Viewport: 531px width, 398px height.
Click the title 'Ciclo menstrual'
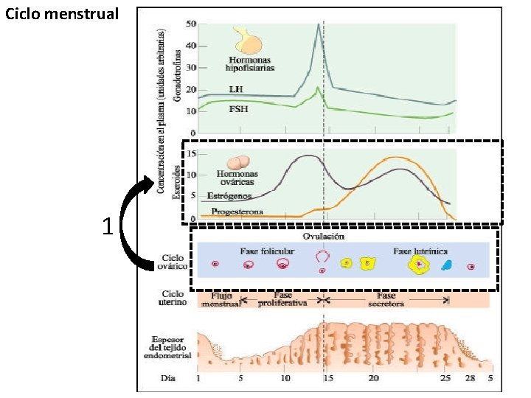[x=61, y=14]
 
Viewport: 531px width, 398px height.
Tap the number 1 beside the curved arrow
[x=108, y=226]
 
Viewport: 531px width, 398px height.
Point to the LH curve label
[x=237, y=89]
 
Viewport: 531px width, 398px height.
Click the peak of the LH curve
[x=318, y=25]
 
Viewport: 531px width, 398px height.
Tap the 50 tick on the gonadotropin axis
[x=190, y=24]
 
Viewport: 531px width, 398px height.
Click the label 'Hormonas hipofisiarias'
[x=250, y=63]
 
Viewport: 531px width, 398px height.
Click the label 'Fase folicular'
[x=267, y=251]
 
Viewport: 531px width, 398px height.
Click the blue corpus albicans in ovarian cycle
[x=446, y=265]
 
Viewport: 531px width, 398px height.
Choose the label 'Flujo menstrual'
[x=221, y=298]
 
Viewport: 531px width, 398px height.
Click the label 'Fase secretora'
[x=386, y=298]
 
